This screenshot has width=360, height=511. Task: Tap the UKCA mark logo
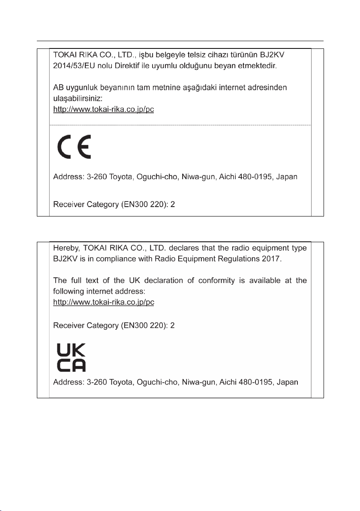(72, 358)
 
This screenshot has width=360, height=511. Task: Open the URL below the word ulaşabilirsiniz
(103, 109)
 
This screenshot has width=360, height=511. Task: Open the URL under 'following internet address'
(103, 302)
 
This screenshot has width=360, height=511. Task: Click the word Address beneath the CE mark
(66, 177)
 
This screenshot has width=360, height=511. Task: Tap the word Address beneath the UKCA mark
(66, 382)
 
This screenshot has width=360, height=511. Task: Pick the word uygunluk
(81, 87)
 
